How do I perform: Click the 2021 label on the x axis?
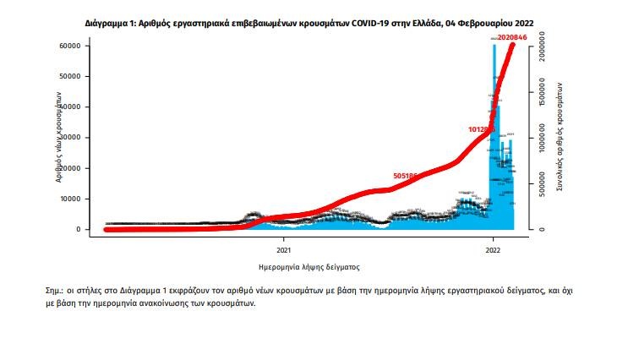point(284,250)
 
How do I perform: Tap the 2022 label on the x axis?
point(493,250)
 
